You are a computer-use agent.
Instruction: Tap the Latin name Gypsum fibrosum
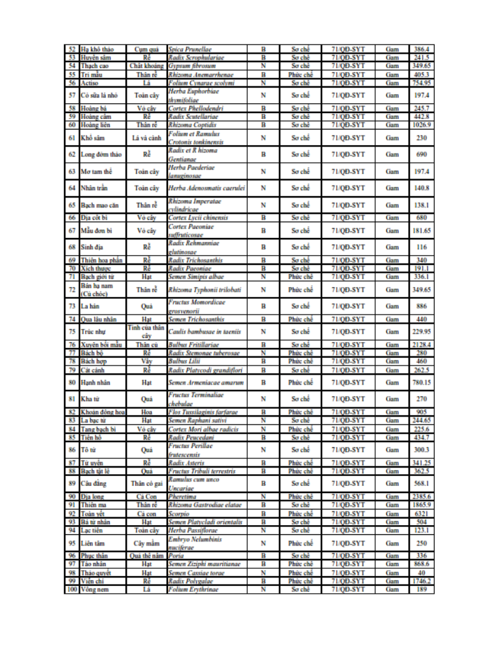click(x=190, y=66)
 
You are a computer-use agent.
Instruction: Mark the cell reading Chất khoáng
click(x=146, y=66)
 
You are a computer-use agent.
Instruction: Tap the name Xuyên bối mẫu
click(x=99, y=344)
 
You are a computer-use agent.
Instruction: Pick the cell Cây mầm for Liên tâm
click(x=146, y=543)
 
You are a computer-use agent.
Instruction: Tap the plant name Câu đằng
click(x=94, y=483)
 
